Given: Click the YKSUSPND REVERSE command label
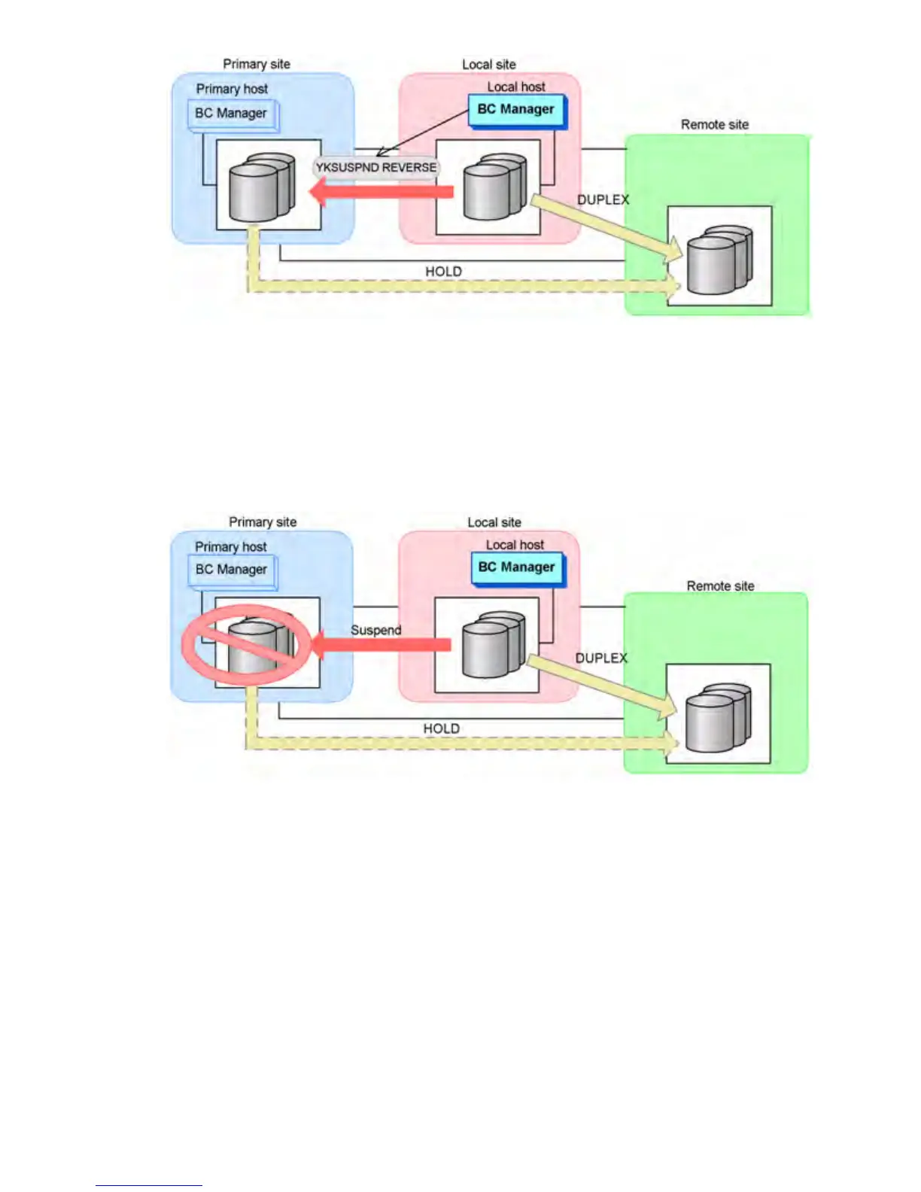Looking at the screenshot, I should tap(375, 167).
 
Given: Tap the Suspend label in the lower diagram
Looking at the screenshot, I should tap(375, 630).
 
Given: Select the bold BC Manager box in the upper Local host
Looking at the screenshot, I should tap(516, 110).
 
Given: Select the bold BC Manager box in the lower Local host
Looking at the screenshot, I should tap(517, 567).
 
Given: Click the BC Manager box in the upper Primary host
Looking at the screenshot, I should tap(232, 114).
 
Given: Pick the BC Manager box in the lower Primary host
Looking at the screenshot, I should tap(232, 570).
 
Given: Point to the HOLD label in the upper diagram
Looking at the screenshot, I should tap(443, 271).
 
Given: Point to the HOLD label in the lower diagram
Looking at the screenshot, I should tap(441, 728).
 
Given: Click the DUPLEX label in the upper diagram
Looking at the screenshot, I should tap(603, 199).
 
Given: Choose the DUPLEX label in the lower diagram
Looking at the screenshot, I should tap(601, 658).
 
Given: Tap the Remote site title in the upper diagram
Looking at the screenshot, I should tap(715, 125).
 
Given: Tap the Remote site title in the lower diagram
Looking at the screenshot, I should tap(720, 585).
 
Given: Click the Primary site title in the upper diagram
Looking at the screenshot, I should tap(257, 64).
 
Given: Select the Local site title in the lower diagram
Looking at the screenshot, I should tap(494, 522).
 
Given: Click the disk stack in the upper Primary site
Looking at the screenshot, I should tap(261, 188).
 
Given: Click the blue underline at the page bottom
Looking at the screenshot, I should tap(148, 1185).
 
